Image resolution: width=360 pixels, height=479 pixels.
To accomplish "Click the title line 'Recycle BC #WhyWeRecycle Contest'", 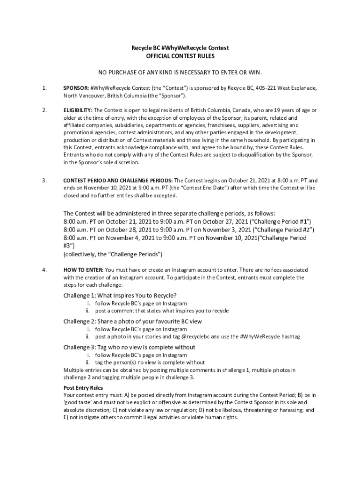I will pos(180,48).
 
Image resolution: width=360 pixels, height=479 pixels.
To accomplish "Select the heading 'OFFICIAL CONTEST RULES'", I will pos(180,56).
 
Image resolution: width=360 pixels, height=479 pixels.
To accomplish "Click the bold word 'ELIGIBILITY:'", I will pos(78,110).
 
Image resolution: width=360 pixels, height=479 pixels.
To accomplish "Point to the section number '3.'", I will pos(44,180).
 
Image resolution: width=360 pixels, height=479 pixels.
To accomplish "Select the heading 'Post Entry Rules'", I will pos(83,388).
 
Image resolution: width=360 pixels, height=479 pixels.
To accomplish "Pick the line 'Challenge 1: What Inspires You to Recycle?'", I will pos(120,295).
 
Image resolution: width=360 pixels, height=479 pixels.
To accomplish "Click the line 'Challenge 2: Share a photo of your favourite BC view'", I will pos(133,321).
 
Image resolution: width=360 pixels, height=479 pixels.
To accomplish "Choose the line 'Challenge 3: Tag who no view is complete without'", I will pos(130,347).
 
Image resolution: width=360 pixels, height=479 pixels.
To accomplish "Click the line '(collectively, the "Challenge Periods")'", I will pos(113,254).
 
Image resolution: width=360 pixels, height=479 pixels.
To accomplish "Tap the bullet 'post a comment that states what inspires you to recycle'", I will pos(162,311).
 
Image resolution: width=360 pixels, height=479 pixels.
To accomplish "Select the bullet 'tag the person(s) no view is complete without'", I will pos(150,363).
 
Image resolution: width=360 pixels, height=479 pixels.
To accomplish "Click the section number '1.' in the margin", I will pos(44,88).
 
